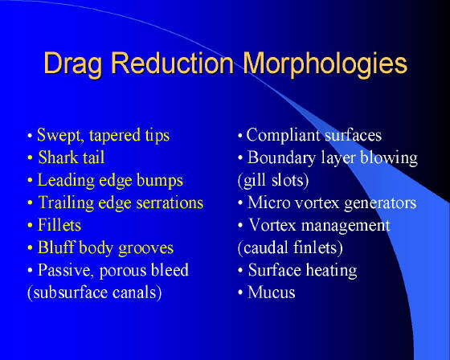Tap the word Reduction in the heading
click(x=173, y=63)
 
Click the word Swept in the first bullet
click(x=60, y=136)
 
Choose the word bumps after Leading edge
click(x=160, y=181)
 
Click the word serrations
click(x=170, y=202)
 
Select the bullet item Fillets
click(x=59, y=225)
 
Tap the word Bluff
click(x=56, y=247)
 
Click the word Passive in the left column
click(x=66, y=271)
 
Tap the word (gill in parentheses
click(x=252, y=181)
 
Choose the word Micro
click(x=269, y=202)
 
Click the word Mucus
click(x=272, y=292)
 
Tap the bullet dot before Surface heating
click(x=240, y=271)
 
